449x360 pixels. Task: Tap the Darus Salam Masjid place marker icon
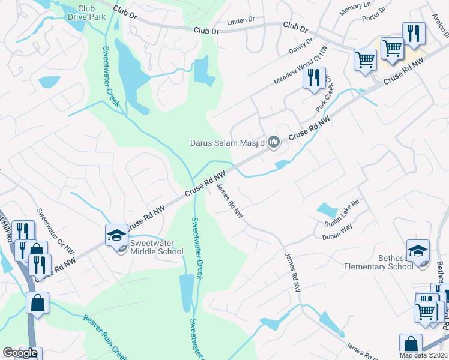[274, 142]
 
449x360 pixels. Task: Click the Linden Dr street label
[241, 22]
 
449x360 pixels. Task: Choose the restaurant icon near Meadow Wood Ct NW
[313, 79]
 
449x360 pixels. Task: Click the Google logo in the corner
[20, 353]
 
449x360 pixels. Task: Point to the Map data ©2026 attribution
[423, 355]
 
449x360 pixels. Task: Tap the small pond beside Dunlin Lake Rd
[327, 210]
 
